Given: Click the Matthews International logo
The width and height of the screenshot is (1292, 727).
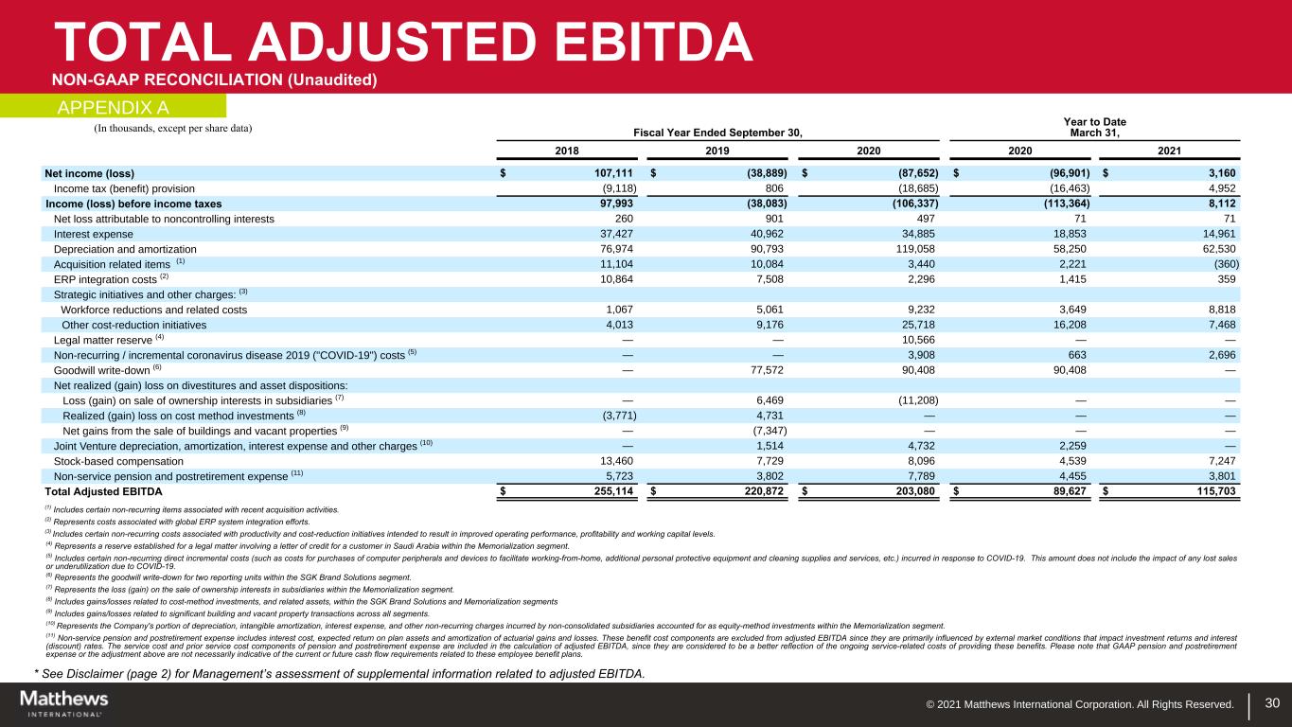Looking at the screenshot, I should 64,703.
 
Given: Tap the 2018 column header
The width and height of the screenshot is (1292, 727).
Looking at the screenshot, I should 567,150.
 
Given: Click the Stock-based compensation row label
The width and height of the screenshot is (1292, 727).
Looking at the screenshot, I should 117,461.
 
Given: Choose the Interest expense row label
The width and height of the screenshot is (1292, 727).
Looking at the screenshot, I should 94,234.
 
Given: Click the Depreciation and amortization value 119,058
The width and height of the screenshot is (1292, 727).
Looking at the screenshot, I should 913,249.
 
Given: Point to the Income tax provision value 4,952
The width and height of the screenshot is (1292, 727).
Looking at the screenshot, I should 1222,188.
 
